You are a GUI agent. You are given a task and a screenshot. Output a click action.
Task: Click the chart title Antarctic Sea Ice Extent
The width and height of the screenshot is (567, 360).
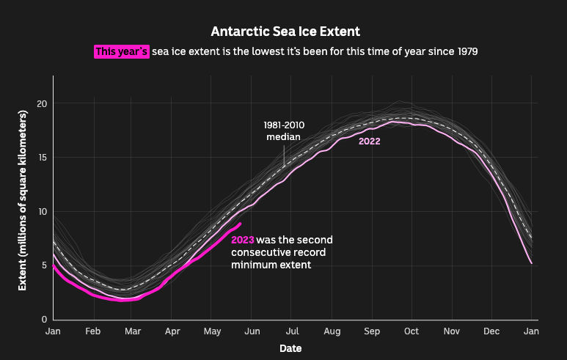coord(285,32)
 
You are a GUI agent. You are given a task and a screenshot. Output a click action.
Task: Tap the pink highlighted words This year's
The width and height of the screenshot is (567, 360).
coord(122,51)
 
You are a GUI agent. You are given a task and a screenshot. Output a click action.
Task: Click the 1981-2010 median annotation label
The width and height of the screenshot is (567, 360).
coord(284,131)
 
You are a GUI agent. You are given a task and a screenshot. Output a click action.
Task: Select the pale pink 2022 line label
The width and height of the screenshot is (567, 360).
coord(369,142)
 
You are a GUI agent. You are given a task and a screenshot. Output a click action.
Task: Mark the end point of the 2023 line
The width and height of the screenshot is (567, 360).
coord(241,224)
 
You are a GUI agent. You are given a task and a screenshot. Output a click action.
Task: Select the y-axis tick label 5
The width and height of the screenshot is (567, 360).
coord(44,265)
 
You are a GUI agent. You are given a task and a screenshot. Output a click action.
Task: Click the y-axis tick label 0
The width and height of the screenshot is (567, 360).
coord(44,320)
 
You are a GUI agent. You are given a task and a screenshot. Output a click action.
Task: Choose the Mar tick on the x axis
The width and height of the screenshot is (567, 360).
coord(133,331)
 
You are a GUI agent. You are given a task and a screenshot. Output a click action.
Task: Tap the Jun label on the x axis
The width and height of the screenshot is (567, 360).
coord(252,331)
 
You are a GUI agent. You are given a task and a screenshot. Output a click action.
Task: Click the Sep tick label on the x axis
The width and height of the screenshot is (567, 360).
coord(372,331)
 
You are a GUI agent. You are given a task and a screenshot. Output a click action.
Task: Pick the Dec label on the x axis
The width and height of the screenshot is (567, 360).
coord(491,331)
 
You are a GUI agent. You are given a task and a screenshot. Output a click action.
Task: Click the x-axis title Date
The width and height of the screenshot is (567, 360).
coord(291,348)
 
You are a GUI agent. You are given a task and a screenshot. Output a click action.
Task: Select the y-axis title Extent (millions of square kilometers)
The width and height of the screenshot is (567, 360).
coord(23,198)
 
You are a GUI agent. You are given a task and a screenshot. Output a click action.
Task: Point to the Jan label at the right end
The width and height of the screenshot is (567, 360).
coord(531,331)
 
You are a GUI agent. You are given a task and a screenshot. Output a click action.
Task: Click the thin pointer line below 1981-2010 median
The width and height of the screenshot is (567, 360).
coord(284,155)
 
